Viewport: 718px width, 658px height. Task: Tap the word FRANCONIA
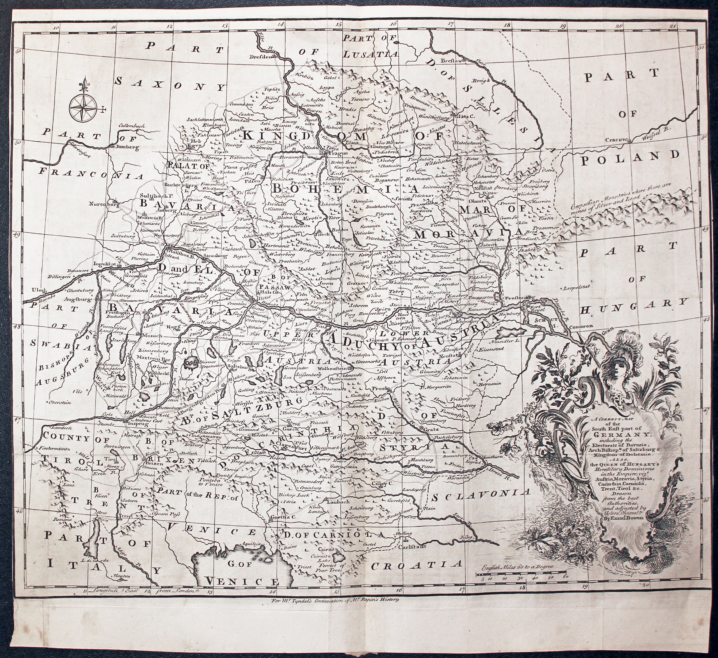point(91,174)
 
